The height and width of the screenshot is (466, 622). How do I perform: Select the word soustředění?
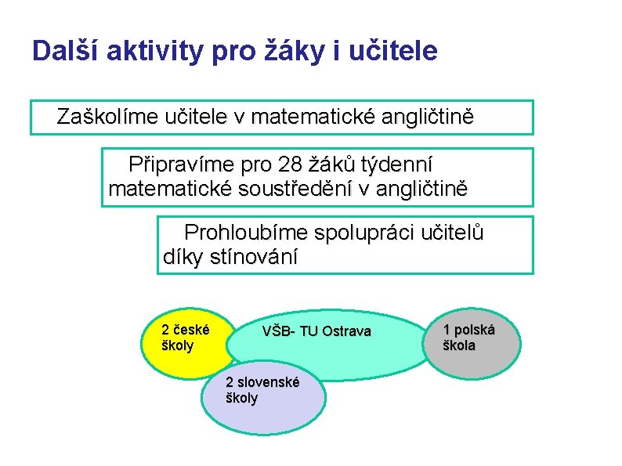[305, 189]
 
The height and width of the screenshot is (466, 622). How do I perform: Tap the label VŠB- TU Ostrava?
[316, 331]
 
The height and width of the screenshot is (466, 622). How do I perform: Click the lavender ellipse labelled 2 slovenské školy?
[262, 399]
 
